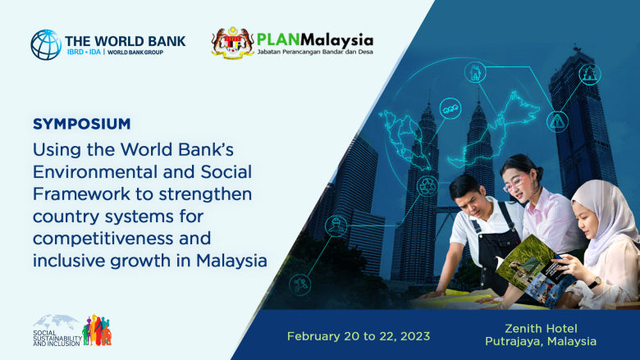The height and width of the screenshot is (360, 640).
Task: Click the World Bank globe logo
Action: click(46, 44)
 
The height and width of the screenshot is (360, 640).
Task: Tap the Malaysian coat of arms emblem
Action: click(232, 43)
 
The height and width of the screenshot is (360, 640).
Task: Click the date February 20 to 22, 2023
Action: click(357, 336)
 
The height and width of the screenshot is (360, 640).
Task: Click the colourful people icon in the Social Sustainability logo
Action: click(97, 330)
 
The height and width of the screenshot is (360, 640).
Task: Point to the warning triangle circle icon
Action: click(557, 121)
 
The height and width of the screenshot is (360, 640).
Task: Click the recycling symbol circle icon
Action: click(427, 185)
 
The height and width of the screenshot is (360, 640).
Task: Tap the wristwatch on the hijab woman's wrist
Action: click(595, 282)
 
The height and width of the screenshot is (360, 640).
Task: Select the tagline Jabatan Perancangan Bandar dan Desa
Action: click(315, 53)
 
